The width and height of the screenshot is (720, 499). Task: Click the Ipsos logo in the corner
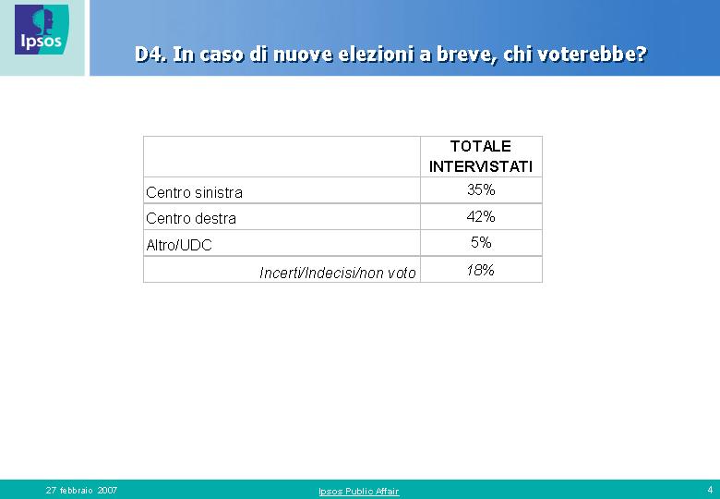(x=42, y=30)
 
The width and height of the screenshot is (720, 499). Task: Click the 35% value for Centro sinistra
(x=481, y=189)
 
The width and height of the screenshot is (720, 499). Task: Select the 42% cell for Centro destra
(x=481, y=216)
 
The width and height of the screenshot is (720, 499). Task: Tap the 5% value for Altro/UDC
(x=481, y=242)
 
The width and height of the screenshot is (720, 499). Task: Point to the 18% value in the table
(x=480, y=270)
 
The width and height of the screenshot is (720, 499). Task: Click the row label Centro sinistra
(x=194, y=192)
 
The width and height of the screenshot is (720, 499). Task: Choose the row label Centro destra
(x=191, y=218)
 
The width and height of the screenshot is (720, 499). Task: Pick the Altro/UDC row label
(x=179, y=246)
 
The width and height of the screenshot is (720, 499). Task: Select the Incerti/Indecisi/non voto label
(x=338, y=273)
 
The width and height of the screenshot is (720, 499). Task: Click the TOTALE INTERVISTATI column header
(x=481, y=156)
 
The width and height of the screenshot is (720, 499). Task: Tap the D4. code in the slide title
(x=150, y=55)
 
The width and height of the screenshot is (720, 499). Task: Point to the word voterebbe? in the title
(x=592, y=55)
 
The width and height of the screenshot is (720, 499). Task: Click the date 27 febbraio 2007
(x=82, y=491)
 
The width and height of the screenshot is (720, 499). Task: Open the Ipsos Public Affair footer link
(x=359, y=492)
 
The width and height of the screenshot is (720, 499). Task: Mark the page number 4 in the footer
(x=710, y=490)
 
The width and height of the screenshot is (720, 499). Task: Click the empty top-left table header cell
(x=282, y=157)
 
